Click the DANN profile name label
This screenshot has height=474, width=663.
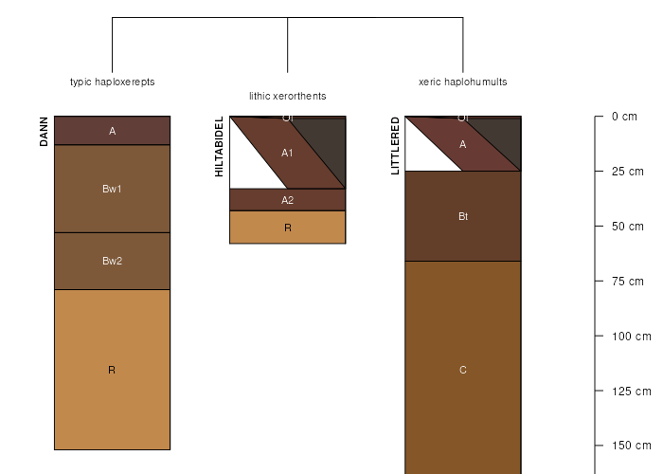coord(44,132)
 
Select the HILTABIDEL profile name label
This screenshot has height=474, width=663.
coord(219,147)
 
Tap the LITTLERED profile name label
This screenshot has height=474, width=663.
coord(395,146)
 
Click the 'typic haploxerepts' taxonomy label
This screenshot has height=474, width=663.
coord(112,82)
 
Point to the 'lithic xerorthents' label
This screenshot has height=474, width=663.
coord(287,96)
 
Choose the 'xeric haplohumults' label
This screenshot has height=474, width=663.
coord(462,82)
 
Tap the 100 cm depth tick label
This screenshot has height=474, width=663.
coord(630,336)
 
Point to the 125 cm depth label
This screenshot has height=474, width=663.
coord(630,391)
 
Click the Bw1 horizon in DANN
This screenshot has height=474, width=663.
coord(112,189)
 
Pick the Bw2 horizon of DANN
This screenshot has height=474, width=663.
coord(112,261)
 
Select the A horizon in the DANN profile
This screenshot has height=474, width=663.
coord(112,131)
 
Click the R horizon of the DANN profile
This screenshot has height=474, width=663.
coord(112,370)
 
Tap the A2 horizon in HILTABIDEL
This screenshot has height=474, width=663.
coord(287,200)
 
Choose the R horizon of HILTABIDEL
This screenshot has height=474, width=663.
coord(287,228)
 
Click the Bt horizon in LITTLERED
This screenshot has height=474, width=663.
coord(462,216)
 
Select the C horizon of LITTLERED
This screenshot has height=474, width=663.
coord(462,370)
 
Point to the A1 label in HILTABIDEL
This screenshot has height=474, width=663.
coord(287,152)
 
